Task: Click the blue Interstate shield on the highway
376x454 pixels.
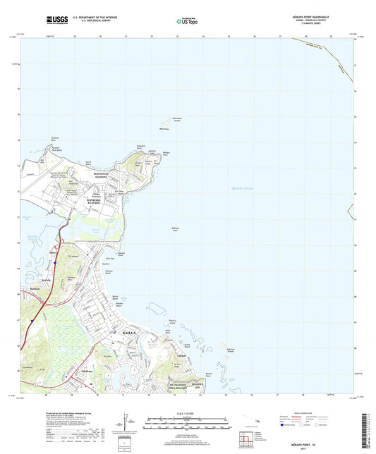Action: click(54, 305)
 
